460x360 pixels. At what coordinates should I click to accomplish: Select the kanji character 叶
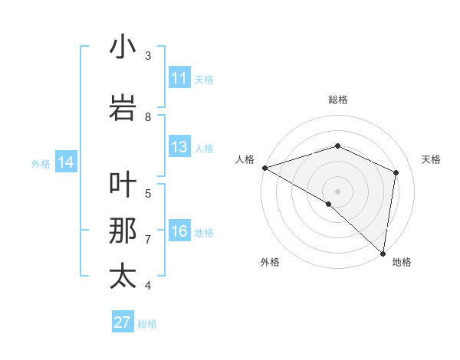point(123,186)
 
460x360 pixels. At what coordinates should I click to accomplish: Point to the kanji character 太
point(123,277)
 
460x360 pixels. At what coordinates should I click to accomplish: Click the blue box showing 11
point(179,78)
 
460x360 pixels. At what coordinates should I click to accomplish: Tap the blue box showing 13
point(179,147)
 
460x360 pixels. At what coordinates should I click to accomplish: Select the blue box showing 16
point(179,232)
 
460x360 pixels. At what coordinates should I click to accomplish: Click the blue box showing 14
point(66,162)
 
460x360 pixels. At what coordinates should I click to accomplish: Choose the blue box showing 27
point(123,322)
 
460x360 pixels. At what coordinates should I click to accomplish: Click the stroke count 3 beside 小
point(148,56)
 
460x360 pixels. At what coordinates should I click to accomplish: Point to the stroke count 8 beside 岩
point(148,117)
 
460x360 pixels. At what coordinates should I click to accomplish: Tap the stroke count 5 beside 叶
point(148,193)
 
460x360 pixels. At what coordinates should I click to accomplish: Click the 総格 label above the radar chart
point(337,100)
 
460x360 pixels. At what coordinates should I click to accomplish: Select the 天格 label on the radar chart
point(431,159)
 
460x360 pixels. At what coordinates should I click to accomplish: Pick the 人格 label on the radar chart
point(245,159)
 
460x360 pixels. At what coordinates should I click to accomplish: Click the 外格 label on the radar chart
point(269,263)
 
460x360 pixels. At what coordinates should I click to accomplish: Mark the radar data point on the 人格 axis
point(264,168)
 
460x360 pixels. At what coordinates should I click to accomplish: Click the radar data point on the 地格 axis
point(383,253)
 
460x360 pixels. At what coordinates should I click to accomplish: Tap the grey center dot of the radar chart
point(337,191)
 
